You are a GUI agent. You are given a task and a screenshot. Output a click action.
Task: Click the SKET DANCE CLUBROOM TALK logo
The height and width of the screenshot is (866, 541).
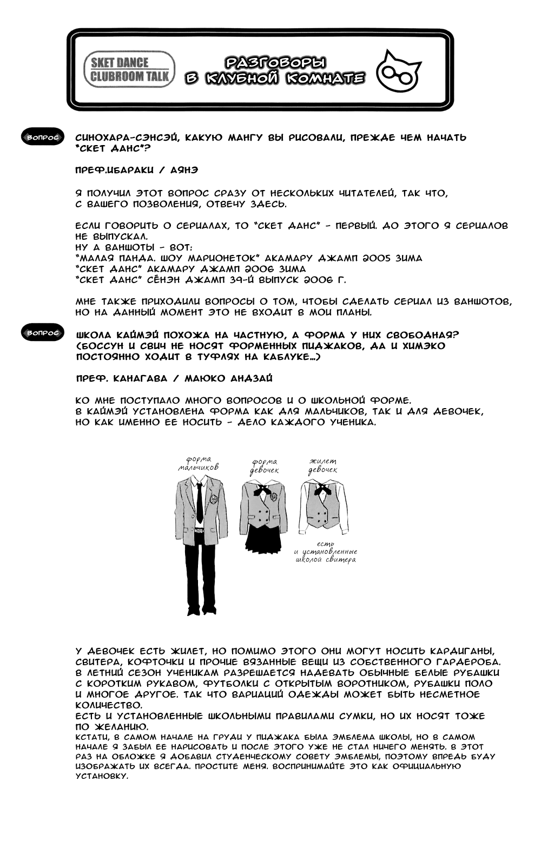129,69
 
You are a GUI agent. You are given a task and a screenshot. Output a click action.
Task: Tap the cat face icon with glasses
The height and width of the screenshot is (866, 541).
399,71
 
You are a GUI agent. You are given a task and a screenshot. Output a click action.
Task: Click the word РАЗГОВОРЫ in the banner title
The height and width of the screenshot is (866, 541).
276,63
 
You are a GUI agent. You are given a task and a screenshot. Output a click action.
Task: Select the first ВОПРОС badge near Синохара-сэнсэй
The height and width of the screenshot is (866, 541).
43,137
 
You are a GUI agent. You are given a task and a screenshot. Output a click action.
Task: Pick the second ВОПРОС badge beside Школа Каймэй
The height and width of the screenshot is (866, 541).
43,332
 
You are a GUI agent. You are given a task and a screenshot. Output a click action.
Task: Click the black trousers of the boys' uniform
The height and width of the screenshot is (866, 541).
200,574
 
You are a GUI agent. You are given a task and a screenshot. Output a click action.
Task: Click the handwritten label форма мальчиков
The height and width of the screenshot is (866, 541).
199,463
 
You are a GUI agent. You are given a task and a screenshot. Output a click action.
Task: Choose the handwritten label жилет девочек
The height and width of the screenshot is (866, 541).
323,465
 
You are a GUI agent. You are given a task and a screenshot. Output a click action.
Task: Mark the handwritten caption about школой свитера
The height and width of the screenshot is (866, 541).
326,552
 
